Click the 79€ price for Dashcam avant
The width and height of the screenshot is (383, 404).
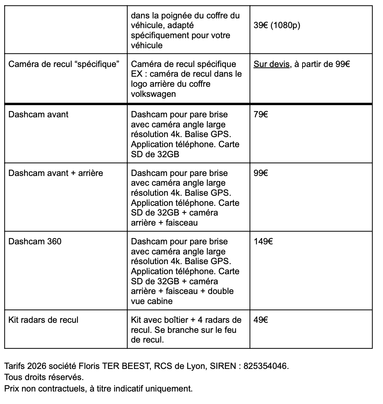click(261, 115)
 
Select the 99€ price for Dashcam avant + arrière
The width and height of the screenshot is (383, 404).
click(261, 173)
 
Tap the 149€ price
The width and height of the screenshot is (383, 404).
click(263, 242)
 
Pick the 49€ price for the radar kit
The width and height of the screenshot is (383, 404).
click(261, 320)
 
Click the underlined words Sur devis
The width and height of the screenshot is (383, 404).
click(272, 64)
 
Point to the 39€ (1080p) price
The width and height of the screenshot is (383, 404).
click(276, 26)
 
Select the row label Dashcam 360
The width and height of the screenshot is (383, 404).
click(35, 242)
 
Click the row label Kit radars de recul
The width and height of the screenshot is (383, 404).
click(43, 320)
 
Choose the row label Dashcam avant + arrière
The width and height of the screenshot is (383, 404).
click(56, 173)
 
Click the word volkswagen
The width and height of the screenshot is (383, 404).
click(153, 94)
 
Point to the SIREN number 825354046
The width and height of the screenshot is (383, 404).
click(265, 366)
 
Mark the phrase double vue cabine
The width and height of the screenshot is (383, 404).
click(182, 296)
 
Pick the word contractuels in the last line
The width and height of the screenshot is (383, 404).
click(62, 389)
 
